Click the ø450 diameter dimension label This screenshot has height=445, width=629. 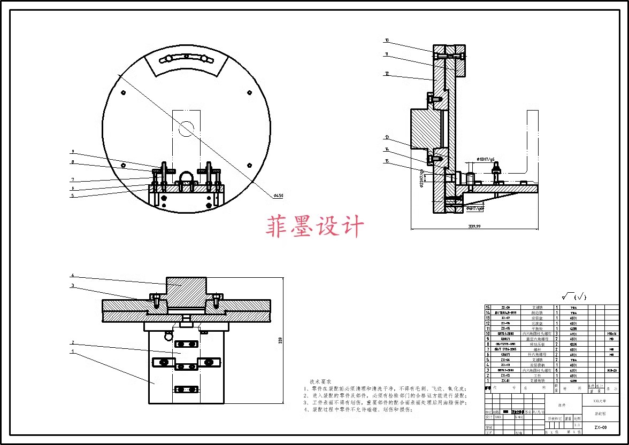[278, 196]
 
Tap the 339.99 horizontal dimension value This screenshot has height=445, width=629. [473, 227]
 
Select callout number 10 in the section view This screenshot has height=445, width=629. [387, 40]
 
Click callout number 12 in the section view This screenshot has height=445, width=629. [387, 74]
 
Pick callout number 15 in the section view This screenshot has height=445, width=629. [387, 160]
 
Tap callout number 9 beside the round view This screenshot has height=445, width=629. [73, 152]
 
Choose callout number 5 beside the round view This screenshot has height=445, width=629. [73, 196]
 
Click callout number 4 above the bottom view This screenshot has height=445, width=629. [73, 276]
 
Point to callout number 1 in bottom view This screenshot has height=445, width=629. [73, 351]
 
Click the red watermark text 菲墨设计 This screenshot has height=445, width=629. [314, 227]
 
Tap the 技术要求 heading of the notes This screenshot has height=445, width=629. [320, 381]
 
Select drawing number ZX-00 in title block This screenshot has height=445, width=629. [600, 427]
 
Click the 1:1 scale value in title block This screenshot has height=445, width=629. [578, 425]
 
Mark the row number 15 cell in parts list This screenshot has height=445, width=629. [487, 308]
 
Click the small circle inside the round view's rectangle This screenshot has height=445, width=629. [187, 128]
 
